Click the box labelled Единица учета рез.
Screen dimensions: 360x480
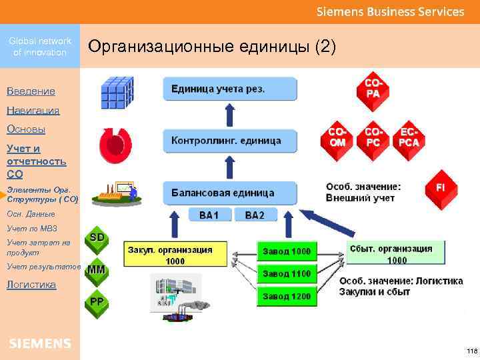coord(229,89)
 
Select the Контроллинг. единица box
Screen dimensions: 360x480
coord(229,141)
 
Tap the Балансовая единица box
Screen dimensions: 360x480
coord(229,193)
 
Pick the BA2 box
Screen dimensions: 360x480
coord(255,215)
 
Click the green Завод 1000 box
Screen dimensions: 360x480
coord(287,251)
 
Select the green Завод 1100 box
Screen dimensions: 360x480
coord(287,273)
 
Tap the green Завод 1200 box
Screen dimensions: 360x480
coord(287,295)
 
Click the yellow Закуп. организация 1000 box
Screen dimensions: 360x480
coord(175,255)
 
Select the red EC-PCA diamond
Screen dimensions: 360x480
coord(409,137)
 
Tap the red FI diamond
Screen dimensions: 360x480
coord(441,187)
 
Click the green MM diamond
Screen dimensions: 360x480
coord(96,270)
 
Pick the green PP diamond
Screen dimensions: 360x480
coord(97,302)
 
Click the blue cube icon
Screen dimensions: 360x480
coord(117,92)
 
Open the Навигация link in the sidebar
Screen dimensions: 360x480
coord(33,110)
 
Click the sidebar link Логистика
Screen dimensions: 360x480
coord(31,285)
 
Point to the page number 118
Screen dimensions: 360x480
coord(471,351)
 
